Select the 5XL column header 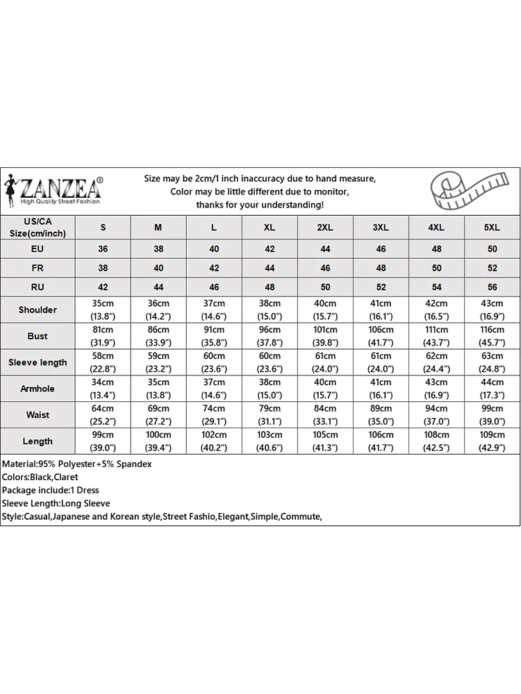492,228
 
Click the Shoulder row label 38,310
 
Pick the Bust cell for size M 158,336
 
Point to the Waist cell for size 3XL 381,415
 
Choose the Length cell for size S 104,441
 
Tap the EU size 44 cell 325,248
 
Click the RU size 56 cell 492,287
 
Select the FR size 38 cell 104,268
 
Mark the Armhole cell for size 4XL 436,389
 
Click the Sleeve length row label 38,362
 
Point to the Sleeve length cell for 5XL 492,362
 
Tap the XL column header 270,228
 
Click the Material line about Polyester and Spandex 77,464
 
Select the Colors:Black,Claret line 40,477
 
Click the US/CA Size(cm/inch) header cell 38,228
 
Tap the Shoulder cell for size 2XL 325,310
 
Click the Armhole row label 38,389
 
